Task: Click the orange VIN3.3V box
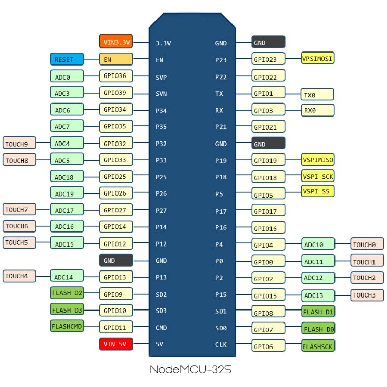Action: point(116,41)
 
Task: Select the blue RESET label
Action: point(67,59)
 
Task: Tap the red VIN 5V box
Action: point(116,344)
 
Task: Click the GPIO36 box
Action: point(116,76)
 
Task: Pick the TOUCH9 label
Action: point(19,143)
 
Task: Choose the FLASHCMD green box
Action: point(67,326)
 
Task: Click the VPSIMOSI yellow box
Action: point(318,58)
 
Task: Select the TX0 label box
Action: point(317,94)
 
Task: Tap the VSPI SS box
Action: point(318,191)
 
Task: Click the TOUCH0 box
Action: point(367,244)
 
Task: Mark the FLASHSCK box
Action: point(318,345)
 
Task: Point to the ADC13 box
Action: point(318,295)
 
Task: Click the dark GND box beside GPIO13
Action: point(116,261)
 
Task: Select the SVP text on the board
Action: point(161,78)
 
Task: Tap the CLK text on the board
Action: point(221,344)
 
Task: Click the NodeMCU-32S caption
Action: point(190,369)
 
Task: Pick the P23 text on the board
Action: point(221,60)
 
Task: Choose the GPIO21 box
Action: point(268,126)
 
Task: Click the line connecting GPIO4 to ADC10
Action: point(293,244)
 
